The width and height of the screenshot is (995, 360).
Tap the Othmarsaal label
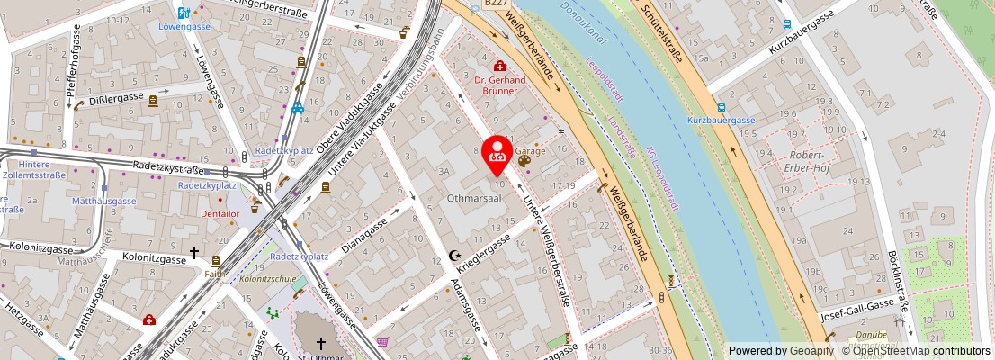[x=474, y=196]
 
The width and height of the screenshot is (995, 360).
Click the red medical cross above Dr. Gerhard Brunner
[x=498, y=66]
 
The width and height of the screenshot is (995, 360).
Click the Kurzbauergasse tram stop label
[x=722, y=121]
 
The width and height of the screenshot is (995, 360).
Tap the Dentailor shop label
[x=220, y=214]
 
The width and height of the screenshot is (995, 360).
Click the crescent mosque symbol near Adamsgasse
[x=454, y=256]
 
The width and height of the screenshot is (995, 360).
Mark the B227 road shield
[x=496, y=4]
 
